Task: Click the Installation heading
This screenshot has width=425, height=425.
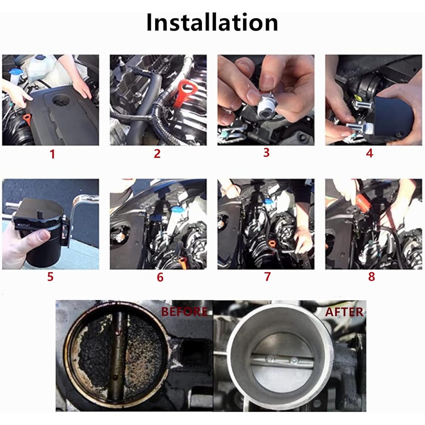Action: tap(212, 23)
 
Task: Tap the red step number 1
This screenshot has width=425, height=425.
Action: tap(52, 154)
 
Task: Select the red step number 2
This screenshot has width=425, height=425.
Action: tap(157, 154)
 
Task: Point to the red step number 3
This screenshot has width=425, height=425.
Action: tap(266, 153)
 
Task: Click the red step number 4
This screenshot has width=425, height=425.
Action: tap(369, 153)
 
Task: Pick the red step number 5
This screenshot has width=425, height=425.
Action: tap(51, 277)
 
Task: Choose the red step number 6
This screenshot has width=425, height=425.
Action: tap(160, 277)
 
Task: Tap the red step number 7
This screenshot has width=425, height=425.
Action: tap(267, 277)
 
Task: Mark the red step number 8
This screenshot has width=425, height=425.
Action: tap(371, 277)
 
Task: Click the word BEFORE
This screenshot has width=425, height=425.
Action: tap(184, 312)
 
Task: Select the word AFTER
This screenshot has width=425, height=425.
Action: tap(344, 312)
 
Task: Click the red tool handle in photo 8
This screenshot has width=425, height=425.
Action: tap(361, 199)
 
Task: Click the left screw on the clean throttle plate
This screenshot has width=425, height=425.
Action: tap(269, 359)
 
